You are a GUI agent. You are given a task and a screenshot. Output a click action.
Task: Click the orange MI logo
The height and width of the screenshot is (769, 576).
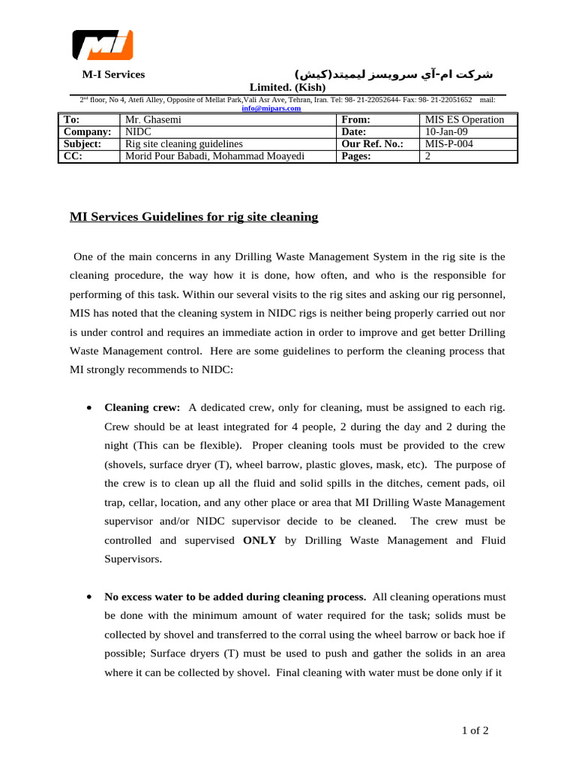tap(102, 45)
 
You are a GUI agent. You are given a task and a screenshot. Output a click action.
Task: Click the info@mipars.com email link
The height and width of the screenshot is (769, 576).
tap(271, 108)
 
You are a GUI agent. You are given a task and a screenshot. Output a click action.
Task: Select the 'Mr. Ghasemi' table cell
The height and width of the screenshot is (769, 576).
tap(153, 119)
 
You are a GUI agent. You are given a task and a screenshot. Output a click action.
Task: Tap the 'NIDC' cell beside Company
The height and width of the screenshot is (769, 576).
tap(138, 131)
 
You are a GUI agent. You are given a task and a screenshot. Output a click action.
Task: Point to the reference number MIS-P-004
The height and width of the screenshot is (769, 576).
tap(449, 143)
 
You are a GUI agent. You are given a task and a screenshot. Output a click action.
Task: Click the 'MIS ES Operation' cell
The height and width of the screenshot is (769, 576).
tap(464, 119)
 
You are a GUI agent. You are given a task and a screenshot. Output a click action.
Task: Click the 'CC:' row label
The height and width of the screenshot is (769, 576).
tap(73, 156)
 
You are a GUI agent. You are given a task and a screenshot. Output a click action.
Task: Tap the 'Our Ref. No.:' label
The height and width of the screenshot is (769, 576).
tap(373, 143)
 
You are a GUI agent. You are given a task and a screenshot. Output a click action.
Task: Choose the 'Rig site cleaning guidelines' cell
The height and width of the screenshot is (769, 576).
tap(184, 143)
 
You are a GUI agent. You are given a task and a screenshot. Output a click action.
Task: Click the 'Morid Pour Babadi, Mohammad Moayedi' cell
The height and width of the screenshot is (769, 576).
tap(214, 156)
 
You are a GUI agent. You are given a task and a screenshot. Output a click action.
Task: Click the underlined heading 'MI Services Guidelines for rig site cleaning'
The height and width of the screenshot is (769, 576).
tap(193, 217)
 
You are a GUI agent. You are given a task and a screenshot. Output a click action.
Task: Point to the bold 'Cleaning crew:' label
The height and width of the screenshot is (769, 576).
tap(142, 408)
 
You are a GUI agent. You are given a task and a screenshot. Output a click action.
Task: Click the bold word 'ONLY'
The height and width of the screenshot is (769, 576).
tap(260, 540)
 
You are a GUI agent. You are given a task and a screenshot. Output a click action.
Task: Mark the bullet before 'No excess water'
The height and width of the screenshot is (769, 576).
tap(89, 597)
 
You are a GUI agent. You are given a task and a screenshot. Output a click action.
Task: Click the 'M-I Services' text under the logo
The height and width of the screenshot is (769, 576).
tap(113, 74)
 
